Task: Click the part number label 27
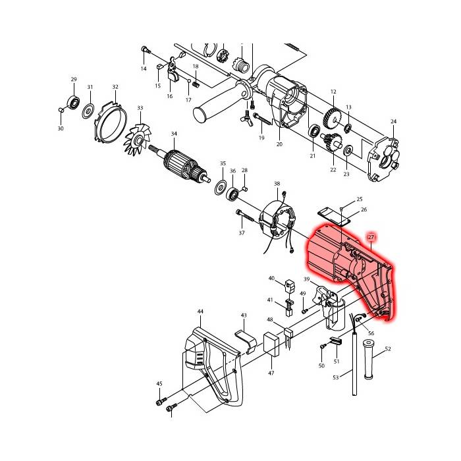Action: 371,237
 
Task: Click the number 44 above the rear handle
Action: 200,312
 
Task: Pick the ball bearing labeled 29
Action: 74,101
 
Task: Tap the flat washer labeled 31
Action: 88,111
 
